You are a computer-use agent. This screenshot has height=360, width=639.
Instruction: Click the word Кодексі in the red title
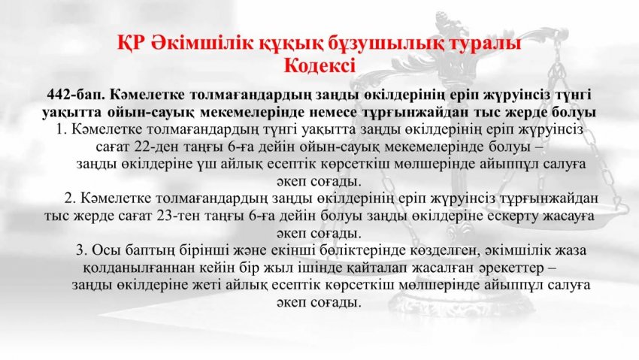pyautogui.click(x=319, y=65)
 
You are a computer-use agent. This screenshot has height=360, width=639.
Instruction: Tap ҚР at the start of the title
pyautogui.click(x=129, y=43)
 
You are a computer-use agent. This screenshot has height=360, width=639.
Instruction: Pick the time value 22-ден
pyautogui.click(x=157, y=147)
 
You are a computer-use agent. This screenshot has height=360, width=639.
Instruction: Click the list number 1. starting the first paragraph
pyautogui.click(x=62, y=129)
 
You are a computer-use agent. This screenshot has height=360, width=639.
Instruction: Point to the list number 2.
pyautogui.click(x=71, y=198)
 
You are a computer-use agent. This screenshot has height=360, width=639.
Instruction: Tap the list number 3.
pyautogui.click(x=82, y=250)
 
